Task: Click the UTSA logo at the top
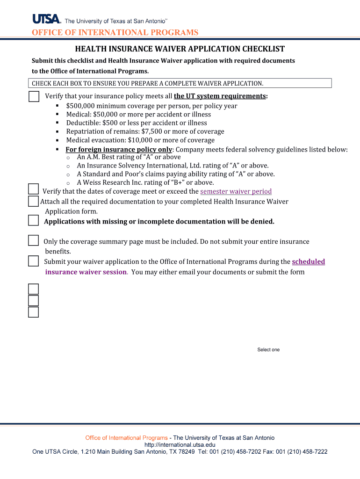tap(47, 19)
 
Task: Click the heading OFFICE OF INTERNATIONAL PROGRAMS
tap(115, 32)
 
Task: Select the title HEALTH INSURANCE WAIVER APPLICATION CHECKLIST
tap(180, 49)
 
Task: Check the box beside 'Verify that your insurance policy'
tap(34, 96)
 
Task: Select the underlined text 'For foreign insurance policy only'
tap(119, 150)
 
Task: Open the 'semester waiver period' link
tap(236, 191)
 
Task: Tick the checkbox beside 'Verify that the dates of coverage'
tap(33, 189)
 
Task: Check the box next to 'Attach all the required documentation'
tap(33, 201)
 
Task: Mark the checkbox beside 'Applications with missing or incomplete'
tap(33, 220)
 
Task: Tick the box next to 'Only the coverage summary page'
tap(33, 240)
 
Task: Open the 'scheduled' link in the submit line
tap(308, 261)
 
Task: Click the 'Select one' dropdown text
tap(268, 350)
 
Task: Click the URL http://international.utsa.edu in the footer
tap(180, 445)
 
